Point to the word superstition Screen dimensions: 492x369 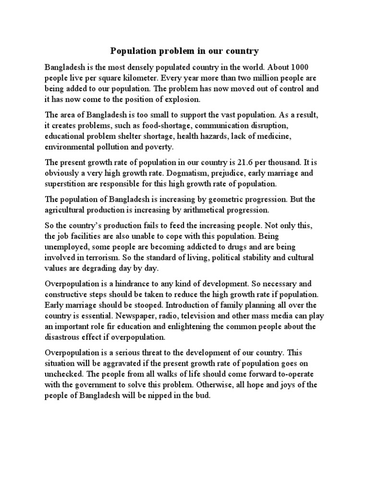[x=65, y=184]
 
